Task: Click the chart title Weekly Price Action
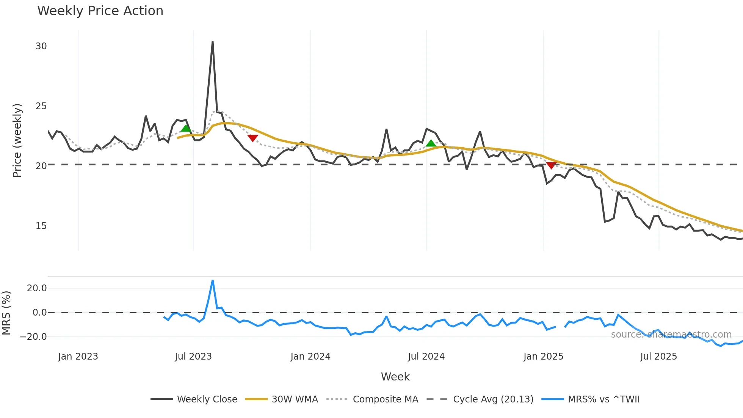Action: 100,11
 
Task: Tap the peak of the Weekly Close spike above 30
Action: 213,42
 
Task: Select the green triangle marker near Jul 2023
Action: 186,128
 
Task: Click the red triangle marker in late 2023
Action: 252,138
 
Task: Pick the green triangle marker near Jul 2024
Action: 431,143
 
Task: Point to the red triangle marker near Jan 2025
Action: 551,165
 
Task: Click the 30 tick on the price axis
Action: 41,46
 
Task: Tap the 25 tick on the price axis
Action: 41,106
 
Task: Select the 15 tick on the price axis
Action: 41,226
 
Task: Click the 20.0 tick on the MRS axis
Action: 37,288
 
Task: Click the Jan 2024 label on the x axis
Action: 310,357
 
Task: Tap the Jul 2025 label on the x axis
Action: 658,357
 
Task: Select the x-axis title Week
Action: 395,377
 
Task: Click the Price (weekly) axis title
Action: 17,140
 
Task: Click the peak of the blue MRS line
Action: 213,281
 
